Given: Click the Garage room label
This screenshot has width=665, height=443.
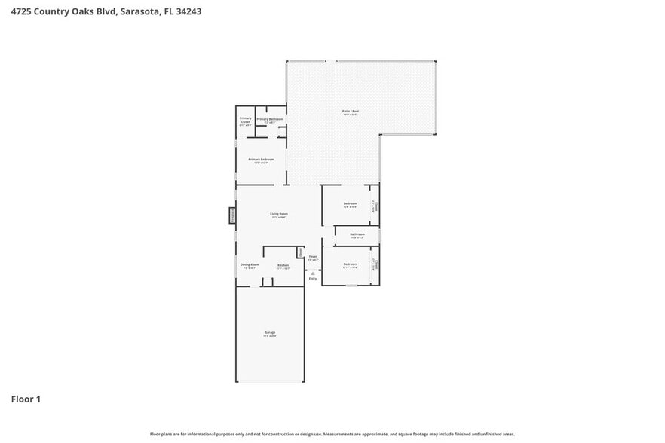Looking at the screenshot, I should pos(270,333).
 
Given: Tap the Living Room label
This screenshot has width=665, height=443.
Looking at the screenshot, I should pos(279,214).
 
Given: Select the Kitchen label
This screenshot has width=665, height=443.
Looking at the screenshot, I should pos(283,265).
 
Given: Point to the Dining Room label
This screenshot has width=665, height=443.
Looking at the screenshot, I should pos(250,265).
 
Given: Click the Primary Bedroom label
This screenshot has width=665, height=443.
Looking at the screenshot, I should pos(261,160).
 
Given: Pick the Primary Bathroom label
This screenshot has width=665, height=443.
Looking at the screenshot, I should pos(270,120).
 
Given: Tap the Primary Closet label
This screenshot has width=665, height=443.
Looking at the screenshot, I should pos(245,120).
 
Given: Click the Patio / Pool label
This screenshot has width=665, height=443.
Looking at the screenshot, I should pos(351,112).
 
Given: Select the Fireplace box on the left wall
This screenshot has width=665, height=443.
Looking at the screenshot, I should pos(232,215).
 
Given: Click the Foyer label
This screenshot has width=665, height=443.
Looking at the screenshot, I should pos(313,258).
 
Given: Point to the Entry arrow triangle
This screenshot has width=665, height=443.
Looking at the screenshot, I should pos(313,273).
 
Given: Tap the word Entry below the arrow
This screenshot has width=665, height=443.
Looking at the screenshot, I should pos(313,279).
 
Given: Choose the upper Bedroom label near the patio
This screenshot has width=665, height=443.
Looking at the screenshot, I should pos(350,204).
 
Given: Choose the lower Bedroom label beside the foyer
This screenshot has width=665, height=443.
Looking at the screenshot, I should pos(350,264).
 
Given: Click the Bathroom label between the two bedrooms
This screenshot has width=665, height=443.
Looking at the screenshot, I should pos(357,234).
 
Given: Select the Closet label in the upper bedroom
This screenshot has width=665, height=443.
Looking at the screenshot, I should pos(375,206).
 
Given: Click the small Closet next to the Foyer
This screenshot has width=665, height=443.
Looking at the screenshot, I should pos(300,251).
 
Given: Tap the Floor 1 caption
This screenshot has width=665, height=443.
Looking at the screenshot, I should pos(26,399).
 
